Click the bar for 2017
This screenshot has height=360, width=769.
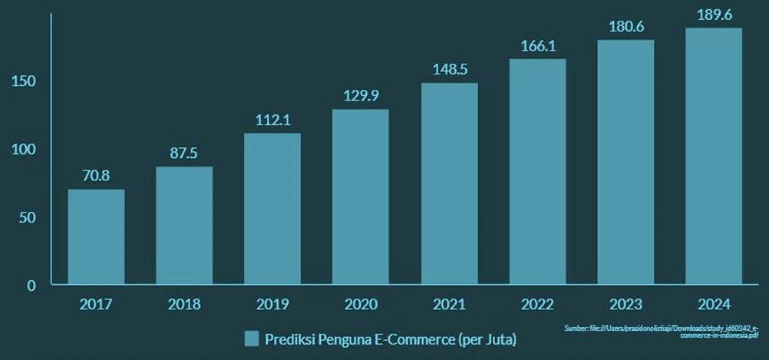[x=96, y=236]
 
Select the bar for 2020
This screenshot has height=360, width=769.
[x=360, y=197]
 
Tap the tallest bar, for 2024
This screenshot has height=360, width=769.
[x=713, y=157]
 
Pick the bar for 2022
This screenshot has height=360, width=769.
[x=537, y=171]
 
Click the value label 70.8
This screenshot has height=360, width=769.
[x=96, y=176]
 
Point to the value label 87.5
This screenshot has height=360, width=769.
[x=184, y=154]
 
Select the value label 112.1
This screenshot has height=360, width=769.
[x=272, y=120]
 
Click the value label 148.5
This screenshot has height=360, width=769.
[x=449, y=70]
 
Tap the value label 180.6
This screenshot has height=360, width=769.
[x=625, y=27]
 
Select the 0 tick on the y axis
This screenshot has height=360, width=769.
[x=31, y=286]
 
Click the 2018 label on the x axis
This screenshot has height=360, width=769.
[x=184, y=304]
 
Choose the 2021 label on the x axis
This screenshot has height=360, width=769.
[x=449, y=304]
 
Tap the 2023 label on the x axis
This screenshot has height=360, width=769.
[x=625, y=304]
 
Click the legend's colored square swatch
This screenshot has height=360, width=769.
[x=252, y=339]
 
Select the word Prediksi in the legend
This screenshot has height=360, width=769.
[x=289, y=339]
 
